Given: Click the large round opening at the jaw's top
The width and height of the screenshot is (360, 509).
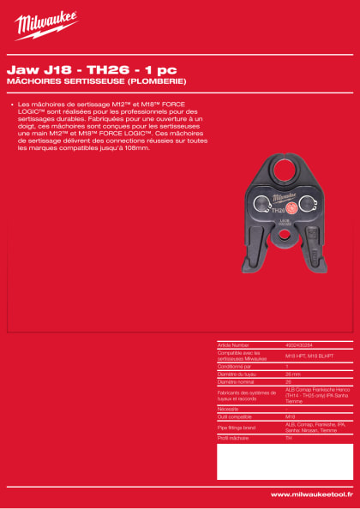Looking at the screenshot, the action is (276, 170).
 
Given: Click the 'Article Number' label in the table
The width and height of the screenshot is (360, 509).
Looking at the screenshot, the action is (233, 345).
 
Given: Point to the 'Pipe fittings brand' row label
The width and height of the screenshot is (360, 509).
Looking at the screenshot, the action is (237, 426).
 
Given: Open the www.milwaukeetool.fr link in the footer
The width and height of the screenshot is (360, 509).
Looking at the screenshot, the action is (311, 494).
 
